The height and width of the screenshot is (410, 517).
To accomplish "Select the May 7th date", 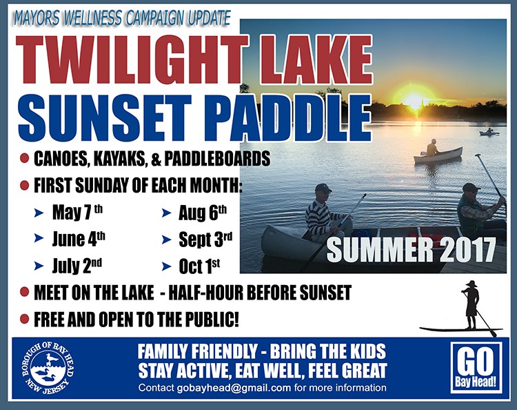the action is [77, 213].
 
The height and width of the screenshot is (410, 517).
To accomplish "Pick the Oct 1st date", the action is [199, 266].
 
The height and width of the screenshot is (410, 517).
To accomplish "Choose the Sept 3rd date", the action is [205, 240].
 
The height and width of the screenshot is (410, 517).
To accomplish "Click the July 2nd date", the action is [77, 266].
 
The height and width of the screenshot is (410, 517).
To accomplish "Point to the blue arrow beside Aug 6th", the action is [167, 213].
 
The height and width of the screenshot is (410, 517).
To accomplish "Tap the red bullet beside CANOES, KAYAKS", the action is [25, 158].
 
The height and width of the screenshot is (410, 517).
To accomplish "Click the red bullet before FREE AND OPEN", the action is [25, 319].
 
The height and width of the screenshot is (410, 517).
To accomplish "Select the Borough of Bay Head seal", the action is [48, 368].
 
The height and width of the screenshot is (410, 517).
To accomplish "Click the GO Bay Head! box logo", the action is [476, 368].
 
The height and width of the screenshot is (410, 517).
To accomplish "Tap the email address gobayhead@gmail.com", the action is [234, 387].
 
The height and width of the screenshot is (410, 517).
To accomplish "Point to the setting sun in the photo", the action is [414, 98].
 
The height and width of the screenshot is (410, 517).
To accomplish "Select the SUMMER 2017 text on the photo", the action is [411, 250].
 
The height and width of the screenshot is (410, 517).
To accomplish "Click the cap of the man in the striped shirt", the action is [323, 188].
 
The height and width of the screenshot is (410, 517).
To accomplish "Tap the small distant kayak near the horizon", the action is [489, 133].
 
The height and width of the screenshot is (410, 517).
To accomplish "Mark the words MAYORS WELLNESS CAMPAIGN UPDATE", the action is [122, 19].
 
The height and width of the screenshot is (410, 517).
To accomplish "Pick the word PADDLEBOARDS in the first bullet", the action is [217, 159].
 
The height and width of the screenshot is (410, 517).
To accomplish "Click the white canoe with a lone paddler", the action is [438, 155].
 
